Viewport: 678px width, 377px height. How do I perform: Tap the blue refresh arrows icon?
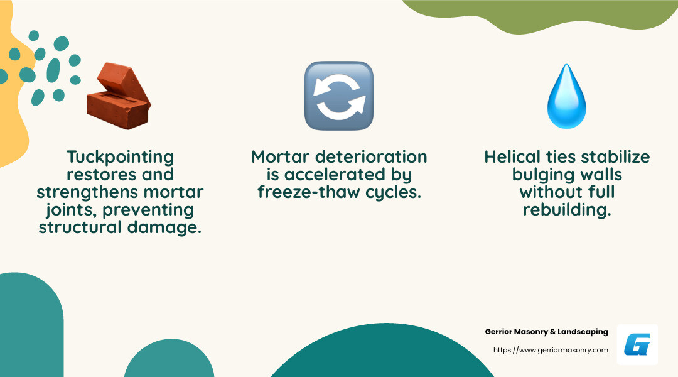[339, 96]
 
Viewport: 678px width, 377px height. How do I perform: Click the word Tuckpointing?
[120, 156]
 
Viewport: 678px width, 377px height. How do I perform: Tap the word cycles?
[395, 192]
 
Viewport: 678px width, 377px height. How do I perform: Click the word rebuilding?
[566, 209]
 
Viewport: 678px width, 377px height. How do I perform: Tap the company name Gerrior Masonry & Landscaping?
[546, 332]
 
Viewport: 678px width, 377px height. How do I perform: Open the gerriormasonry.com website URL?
[551, 350]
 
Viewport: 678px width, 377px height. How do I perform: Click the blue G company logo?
[637, 345]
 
